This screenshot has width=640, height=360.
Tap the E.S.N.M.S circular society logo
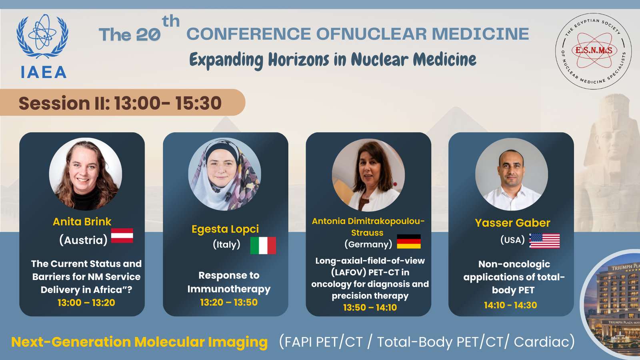point(594,51)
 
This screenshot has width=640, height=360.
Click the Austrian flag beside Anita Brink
point(122,236)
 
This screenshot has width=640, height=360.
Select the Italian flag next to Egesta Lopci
point(263,246)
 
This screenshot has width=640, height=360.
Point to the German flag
point(409,242)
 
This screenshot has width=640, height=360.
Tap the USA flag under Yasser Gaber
point(544,241)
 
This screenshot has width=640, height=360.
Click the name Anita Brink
point(82,222)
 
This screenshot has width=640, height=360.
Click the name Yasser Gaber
point(512,223)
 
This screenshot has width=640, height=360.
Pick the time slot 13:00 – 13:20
point(86,302)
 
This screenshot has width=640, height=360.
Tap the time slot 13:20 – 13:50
point(229,302)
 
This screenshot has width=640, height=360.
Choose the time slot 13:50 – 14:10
point(370,308)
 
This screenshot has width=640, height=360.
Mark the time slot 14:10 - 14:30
point(510,305)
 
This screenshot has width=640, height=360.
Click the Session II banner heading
point(120,103)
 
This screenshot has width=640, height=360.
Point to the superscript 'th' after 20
point(170,21)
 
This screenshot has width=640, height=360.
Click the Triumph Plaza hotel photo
point(612,304)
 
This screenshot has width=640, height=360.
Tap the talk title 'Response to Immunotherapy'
point(229,282)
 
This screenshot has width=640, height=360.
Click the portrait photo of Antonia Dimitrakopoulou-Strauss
point(368,175)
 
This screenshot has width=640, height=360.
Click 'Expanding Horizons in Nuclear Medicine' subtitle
point(333,60)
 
